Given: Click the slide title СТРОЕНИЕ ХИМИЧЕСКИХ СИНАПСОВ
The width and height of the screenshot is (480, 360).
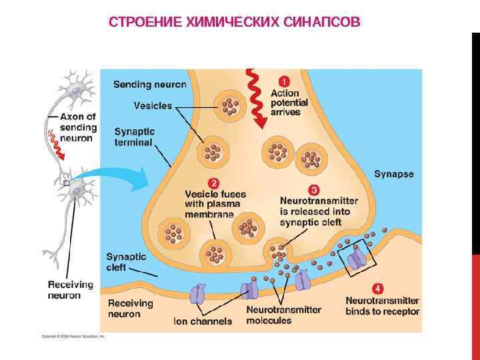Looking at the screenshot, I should (234, 23).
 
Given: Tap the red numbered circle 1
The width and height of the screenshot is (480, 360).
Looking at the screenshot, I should (284, 82).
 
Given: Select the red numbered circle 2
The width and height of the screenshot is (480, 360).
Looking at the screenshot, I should (213, 183).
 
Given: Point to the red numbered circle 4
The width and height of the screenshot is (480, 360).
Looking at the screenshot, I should (378, 289).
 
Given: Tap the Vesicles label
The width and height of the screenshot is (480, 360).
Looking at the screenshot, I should (153, 105).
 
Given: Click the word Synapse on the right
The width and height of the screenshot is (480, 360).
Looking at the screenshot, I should (393, 174).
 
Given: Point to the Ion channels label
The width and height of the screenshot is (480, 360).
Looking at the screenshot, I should (203, 321).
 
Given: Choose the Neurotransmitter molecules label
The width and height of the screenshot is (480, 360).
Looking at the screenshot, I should (283, 315).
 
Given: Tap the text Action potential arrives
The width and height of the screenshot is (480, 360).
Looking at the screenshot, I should (289, 103).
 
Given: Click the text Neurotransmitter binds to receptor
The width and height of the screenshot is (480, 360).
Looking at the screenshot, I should (382, 306).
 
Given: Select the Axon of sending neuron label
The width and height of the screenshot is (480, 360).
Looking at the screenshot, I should (77, 127).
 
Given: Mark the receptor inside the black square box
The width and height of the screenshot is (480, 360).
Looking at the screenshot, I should (358, 257).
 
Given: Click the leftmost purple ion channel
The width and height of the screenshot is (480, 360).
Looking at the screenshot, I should (199, 293).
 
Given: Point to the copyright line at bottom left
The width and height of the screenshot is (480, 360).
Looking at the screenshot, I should (73, 337).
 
